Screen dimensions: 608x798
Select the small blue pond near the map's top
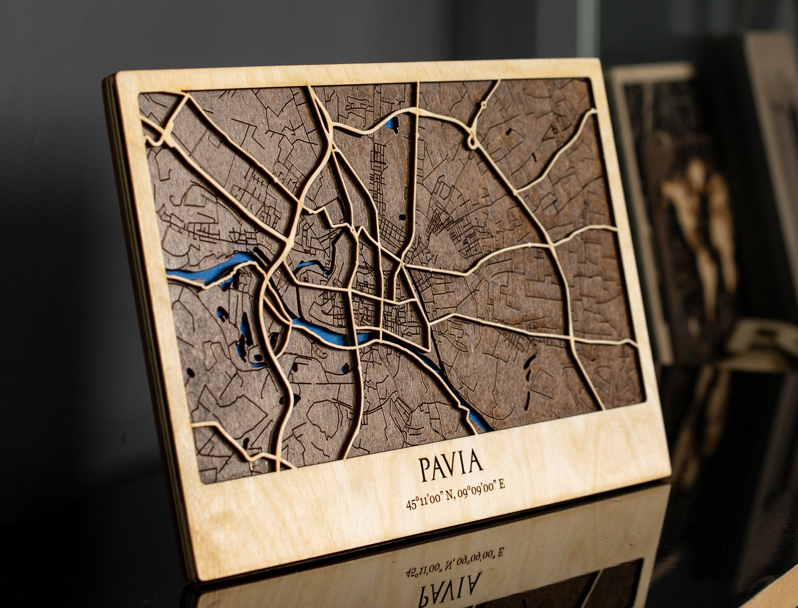click(391, 124)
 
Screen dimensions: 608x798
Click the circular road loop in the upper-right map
click(473, 142)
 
